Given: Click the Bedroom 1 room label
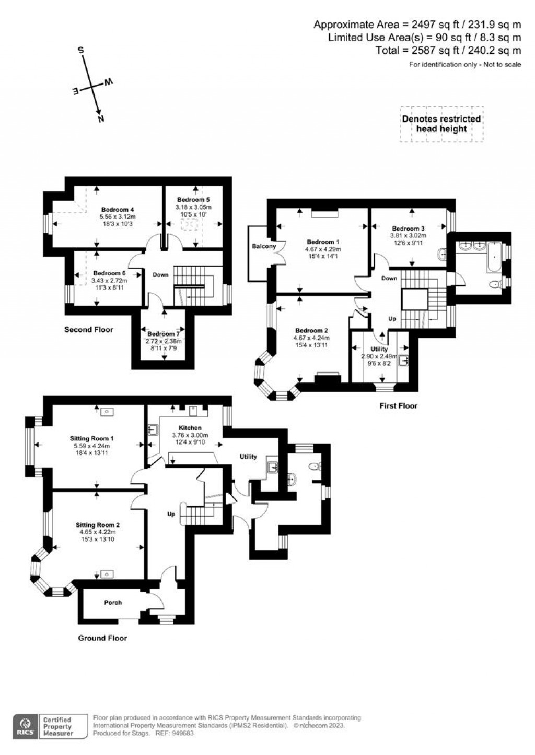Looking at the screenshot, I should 323,242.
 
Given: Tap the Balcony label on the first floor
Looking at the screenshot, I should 264,246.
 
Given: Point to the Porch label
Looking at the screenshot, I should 113,602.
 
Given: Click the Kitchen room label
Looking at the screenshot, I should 190,428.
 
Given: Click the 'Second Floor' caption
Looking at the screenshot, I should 88,330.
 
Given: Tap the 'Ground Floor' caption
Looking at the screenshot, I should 102,638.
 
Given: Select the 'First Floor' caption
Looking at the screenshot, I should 398,405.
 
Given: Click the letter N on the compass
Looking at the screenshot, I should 100,118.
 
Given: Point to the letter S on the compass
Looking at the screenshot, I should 81,51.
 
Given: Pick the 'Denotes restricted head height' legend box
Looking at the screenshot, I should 441,124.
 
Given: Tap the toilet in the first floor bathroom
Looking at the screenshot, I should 493,284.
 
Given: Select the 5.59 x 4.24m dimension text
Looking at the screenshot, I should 91,446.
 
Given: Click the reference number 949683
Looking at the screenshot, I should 183,733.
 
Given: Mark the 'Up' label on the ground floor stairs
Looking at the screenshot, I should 171,514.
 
